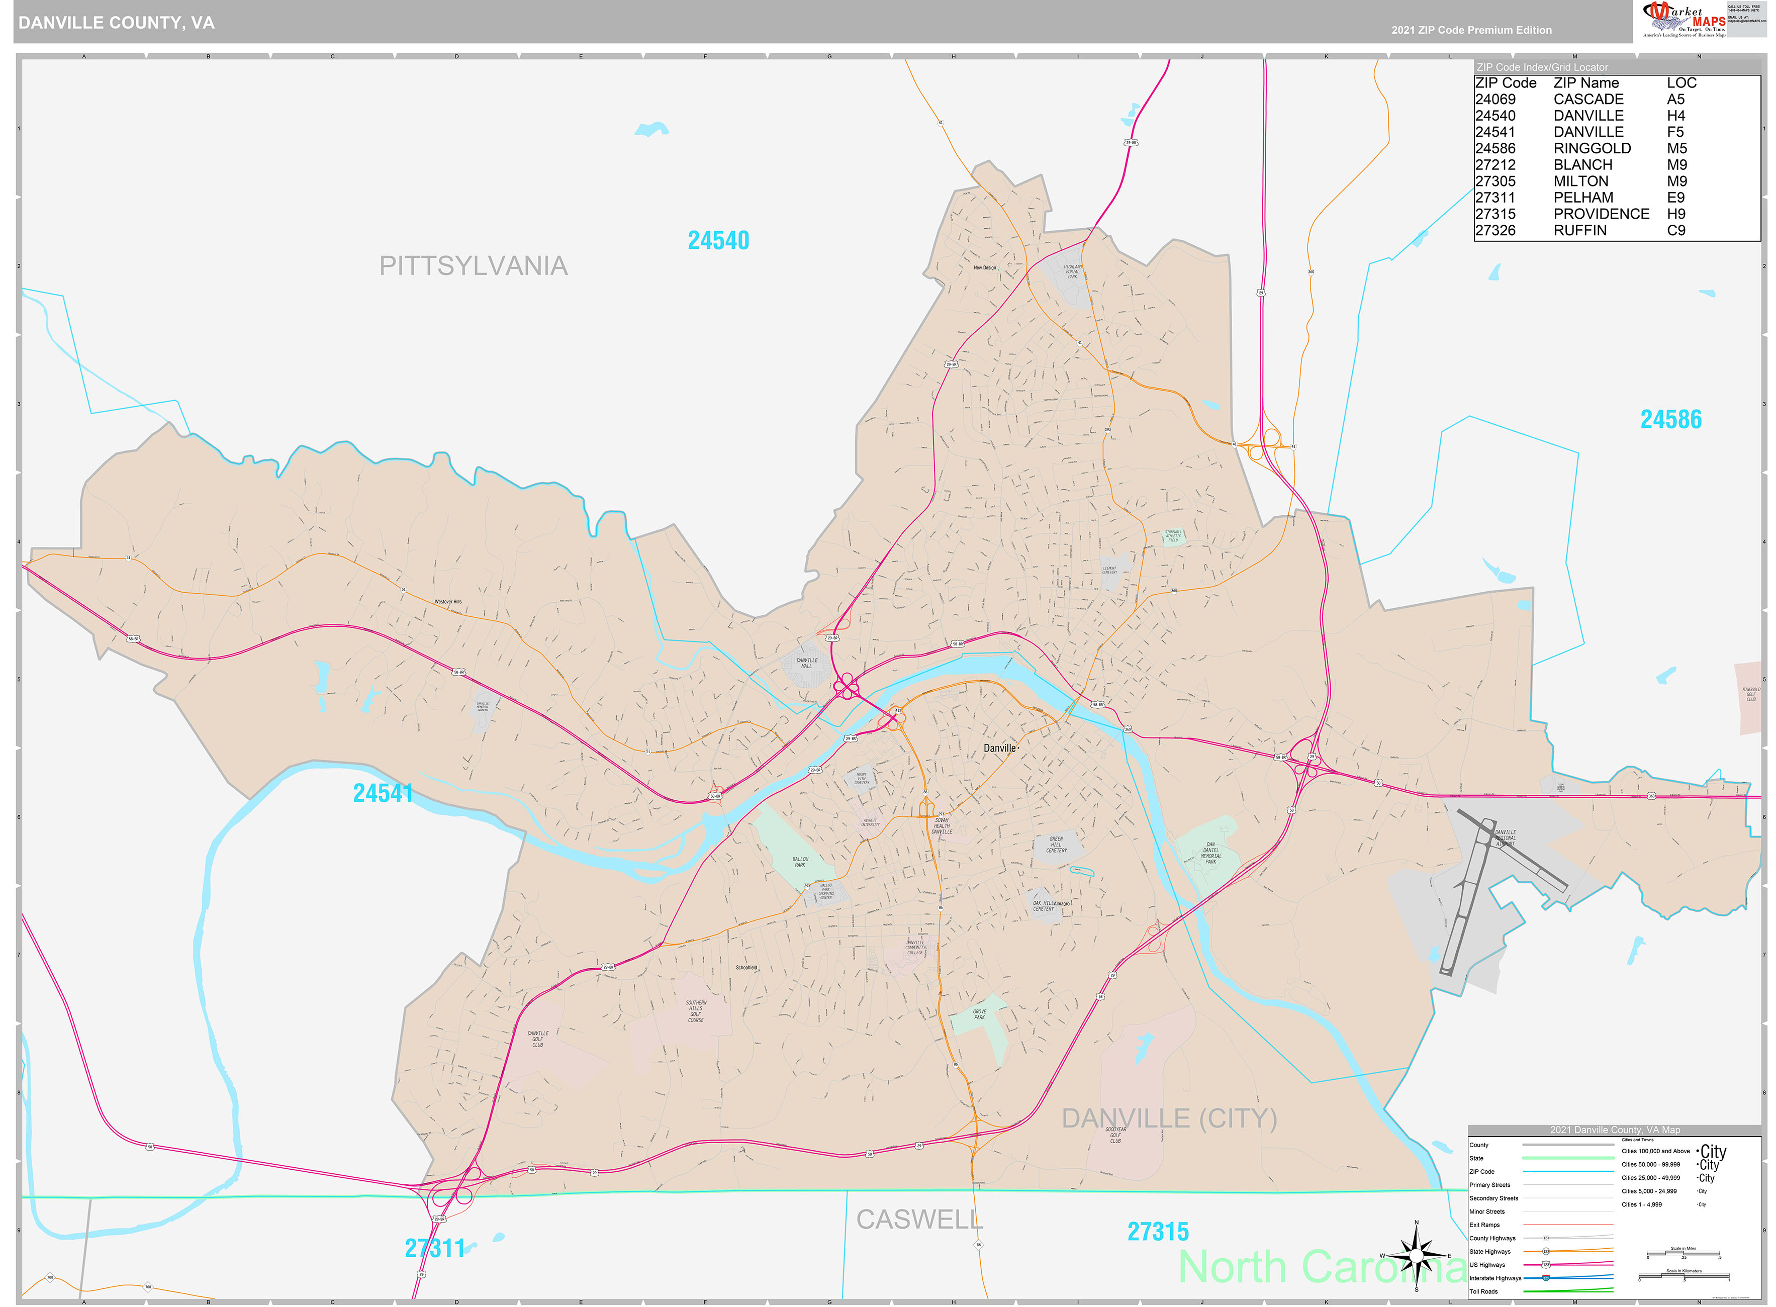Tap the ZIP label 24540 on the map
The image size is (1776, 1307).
coord(717,240)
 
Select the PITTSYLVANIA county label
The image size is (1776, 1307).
coord(473,266)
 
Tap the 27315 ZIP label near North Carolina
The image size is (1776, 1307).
coord(1157,1232)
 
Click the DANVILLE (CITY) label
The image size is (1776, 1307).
coord(1168,1118)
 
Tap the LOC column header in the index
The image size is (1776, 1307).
coord(1680,83)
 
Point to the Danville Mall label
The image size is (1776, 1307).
coord(806,663)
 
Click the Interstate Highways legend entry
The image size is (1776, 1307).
coord(1494,1278)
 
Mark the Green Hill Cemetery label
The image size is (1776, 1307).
coord(1056,844)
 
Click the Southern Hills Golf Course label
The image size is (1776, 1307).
coord(695,1011)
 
